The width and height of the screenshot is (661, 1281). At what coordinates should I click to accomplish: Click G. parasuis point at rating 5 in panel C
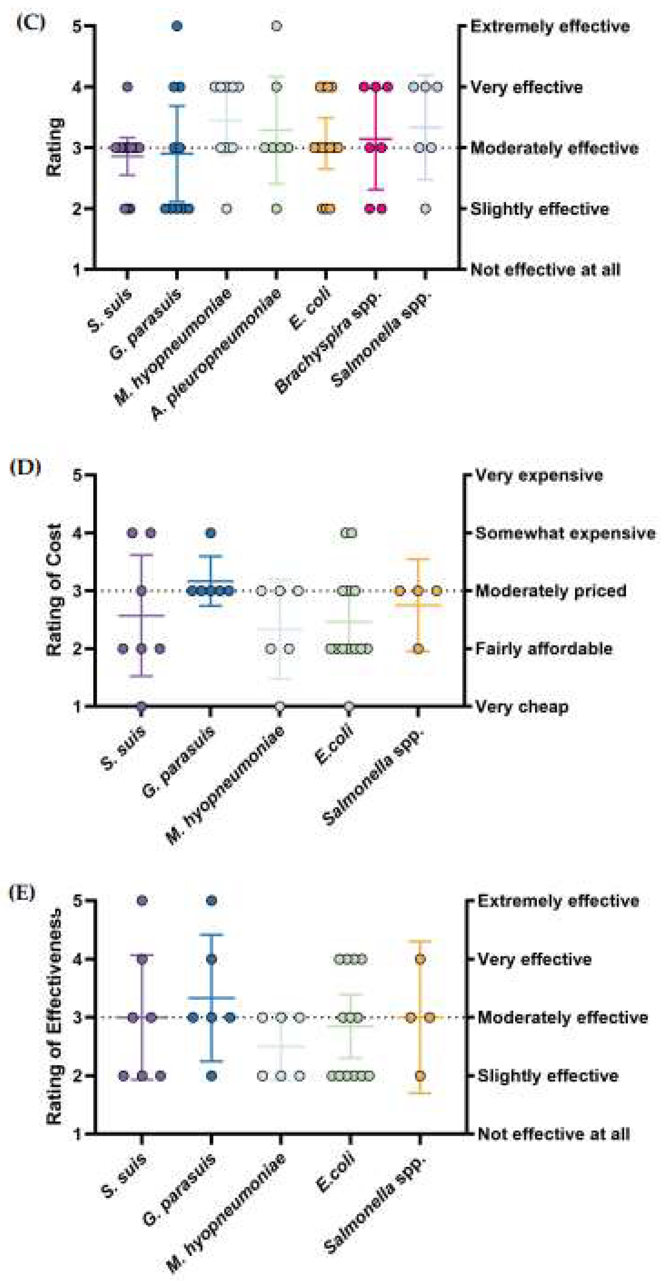click(x=177, y=26)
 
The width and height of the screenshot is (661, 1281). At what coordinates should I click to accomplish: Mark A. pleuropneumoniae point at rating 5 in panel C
click(x=276, y=26)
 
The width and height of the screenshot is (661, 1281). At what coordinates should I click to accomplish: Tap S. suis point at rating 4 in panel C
click(x=127, y=87)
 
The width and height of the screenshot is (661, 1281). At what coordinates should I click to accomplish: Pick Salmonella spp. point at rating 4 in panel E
click(x=420, y=959)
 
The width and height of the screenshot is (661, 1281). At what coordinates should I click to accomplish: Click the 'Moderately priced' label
click(x=551, y=591)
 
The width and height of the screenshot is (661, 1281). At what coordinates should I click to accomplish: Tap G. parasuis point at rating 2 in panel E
click(x=211, y=1076)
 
